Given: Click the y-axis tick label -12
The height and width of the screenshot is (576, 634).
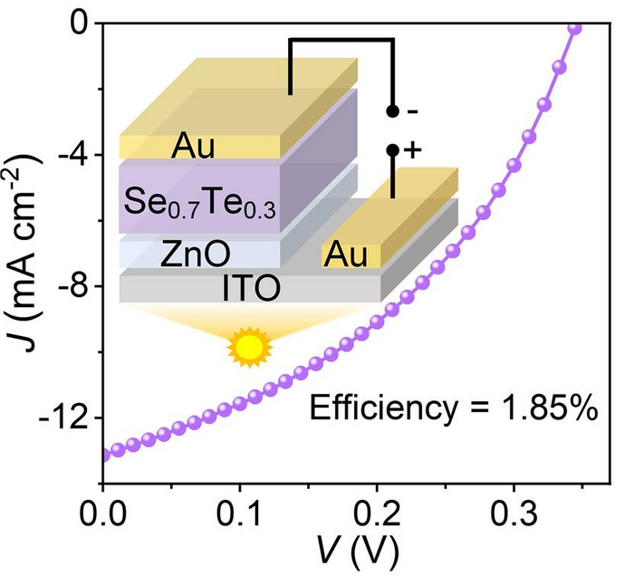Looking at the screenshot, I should (68, 418).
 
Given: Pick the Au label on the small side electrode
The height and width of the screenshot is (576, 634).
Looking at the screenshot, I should (349, 254).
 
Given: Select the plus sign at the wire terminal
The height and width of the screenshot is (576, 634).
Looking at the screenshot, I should (413, 151).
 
